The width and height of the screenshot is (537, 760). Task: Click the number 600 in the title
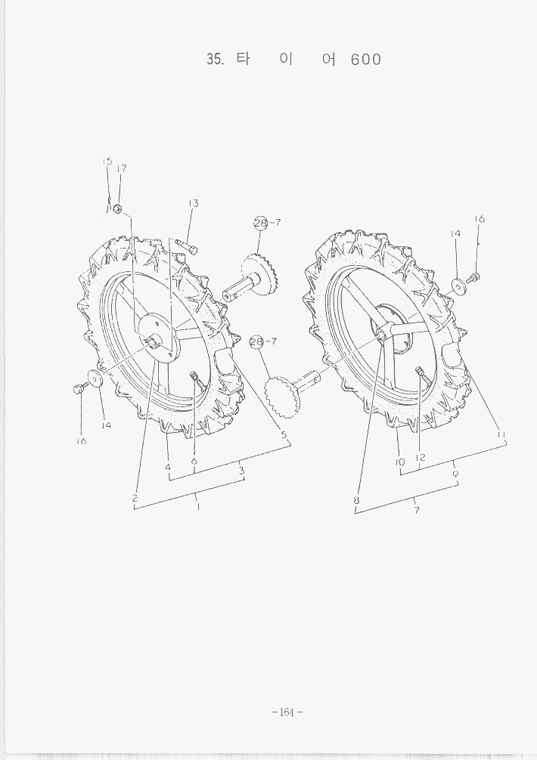366,60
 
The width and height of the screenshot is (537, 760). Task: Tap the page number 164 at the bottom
287,712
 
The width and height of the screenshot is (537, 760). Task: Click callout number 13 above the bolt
193,203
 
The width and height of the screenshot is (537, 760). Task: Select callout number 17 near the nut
122,168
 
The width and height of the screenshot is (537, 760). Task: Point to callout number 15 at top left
107,162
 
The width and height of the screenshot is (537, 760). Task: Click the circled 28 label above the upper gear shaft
260,223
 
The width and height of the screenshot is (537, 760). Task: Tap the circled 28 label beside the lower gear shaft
256,341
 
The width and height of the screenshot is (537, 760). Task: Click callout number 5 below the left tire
284,435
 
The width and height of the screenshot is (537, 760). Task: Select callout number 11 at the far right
501,435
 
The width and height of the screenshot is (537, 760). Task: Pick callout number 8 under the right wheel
356,500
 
